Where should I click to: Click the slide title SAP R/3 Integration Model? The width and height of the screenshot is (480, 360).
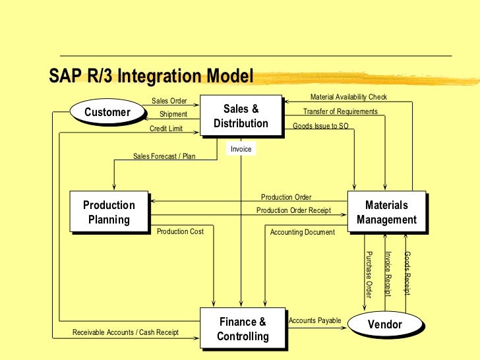[151, 76]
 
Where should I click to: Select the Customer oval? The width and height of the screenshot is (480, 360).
[107, 112]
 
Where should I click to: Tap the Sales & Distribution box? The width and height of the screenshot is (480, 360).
[241, 116]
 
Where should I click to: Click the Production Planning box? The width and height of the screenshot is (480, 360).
[109, 212]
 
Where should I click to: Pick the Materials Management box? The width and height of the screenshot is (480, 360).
[386, 212]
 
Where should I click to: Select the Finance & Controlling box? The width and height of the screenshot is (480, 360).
[243, 329]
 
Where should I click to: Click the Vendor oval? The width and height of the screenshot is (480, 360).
[384, 324]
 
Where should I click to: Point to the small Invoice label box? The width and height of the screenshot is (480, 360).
[241, 150]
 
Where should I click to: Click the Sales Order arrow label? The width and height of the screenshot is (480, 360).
[169, 101]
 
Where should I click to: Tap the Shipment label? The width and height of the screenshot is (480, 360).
[173, 114]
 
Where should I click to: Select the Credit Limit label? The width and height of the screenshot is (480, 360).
[166, 129]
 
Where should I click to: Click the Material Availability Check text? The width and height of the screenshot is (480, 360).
[349, 97]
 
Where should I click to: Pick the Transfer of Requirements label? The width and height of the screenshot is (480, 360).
[340, 111]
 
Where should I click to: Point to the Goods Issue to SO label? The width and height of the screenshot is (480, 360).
[320, 126]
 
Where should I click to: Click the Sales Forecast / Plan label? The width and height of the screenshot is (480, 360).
[164, 156]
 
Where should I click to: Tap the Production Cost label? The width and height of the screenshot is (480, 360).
[180, 231]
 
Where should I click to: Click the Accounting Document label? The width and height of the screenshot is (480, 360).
[303, 232]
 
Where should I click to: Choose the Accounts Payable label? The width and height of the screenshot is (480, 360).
[315, 320]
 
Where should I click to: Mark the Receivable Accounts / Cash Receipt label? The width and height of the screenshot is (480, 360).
[125, 332]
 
